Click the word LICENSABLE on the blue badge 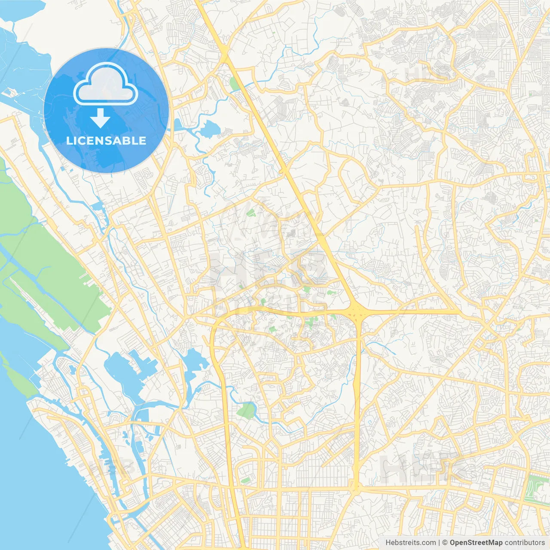pyautogui.click(x=106, y=141)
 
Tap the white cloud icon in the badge pyautogui.click(x=106, y=84)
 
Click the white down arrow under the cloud pyautogui.click(x=101, y=118)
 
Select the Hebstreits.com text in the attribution pyautogui.click(x=410, y=543)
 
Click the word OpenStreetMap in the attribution pyautogui.click(x=476, y=543)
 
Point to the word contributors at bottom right pyautogui.click(x=525, y=543)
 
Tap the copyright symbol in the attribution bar pyautogui.click(x=445, y=543)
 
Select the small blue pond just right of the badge pyautogui.click(x=210, y=128)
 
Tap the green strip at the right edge pyautogui.click(x=537, y=488)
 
